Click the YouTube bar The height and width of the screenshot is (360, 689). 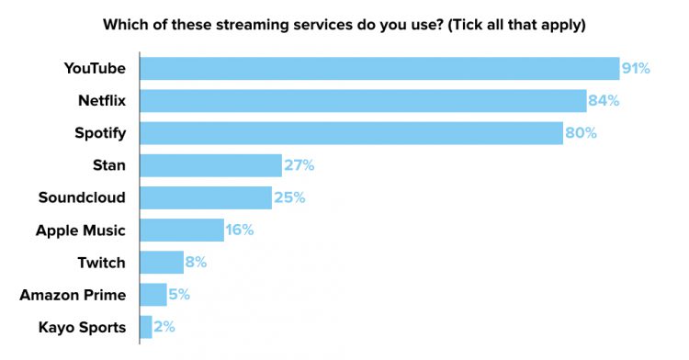(x=379, y=68)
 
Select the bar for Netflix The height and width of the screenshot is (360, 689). (x=363, y=100)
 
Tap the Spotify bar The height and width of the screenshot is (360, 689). (x=351, y=133)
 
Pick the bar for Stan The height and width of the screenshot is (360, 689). (x=210, y=165)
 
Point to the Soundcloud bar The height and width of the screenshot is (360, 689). (x=206, y=197)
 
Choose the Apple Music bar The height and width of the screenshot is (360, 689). (x=182, y=230)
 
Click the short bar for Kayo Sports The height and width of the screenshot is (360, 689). (x=146, y=326)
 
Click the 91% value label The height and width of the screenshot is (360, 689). (x=636, y=68)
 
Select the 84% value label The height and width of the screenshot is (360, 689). (x=604, y=100)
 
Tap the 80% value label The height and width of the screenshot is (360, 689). (x=580, y=133)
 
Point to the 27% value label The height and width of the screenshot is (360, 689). (x=299, y=165)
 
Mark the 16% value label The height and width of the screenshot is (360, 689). (x=239, y=230)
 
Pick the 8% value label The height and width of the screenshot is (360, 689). (x=196, y=262)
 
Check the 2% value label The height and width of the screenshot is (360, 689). (x=164, y=326)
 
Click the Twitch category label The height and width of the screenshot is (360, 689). (x=101, y=263)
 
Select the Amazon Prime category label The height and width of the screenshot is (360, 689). (x=73, y=295)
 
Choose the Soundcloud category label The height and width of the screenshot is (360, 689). (x=82, y=197)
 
